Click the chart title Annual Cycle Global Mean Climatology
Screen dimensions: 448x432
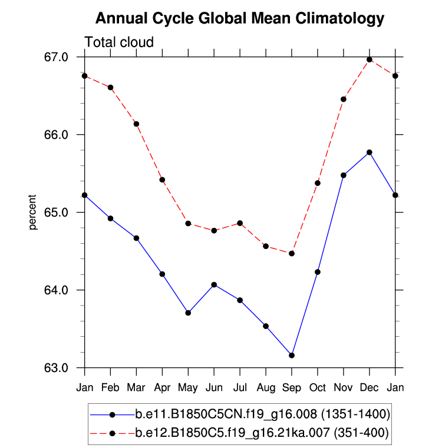[x=239, y=19]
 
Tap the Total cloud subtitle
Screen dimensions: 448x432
[x=120, y=42]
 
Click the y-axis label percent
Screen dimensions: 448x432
[x=34, y=212]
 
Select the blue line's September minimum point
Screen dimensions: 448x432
[x=292, y=355]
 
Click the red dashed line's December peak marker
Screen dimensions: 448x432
[x=370, y=59]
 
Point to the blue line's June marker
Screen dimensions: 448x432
[x=214, y=285]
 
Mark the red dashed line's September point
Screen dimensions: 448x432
[x=292, y=253]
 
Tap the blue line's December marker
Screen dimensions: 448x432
[x=370, y=152]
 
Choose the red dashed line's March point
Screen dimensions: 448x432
[x=136, y=124]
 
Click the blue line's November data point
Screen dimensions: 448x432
[x=344, y=175]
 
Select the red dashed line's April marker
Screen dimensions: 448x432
[x=162, y=180]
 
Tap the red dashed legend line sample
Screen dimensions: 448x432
[x=111, y=433]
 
